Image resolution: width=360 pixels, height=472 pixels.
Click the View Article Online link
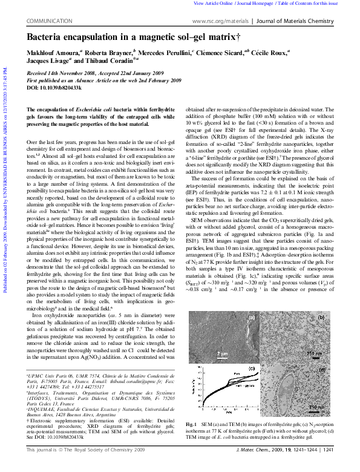click(x=213, y=4)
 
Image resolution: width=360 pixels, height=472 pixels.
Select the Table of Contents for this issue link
click(x=315, y=4)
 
